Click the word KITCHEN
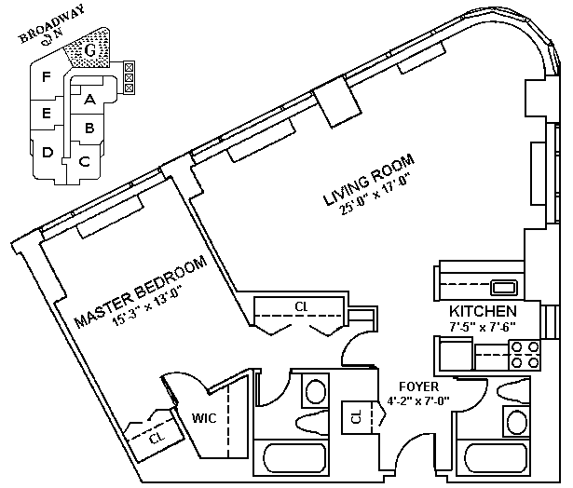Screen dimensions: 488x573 click(x=483, y=310)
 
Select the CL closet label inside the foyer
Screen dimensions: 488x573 click(x=357, y=418)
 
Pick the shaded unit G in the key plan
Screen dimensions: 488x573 click(x=90, y=49)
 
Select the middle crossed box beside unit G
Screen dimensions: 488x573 click(x=129, y=76)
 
